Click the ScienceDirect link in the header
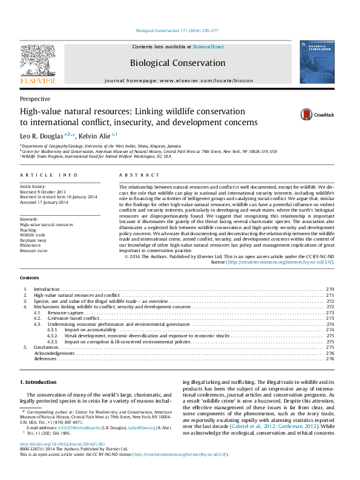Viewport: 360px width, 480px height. tap(208, 47)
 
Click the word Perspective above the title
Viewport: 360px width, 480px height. tap(35, 99)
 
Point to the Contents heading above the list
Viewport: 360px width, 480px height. tap(30, 277)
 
